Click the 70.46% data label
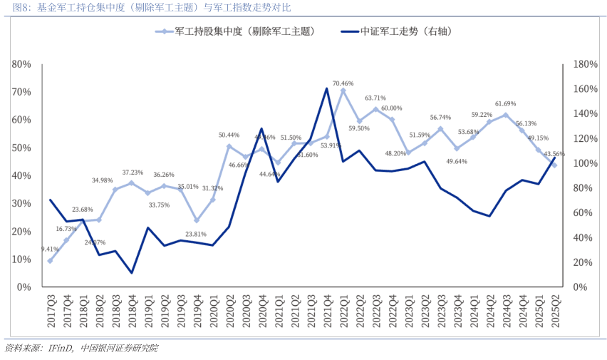click(x=343, y=83)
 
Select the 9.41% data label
click(x=50, y=249)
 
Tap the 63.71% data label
click(x=375, y=98)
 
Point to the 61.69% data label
click(x=506, y=104)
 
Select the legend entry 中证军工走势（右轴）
click(x=403, y=32)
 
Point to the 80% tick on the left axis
click(x=21, y=64)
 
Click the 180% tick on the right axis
click(x=584, y=64)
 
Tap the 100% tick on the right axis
click(x=584, y=163)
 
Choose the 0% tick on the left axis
click(x=24, y=287)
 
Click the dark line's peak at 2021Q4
click(x=327, y=89)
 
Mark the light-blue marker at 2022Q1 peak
click(x=343, y=91)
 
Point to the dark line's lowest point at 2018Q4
click(x=132, y=272)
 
